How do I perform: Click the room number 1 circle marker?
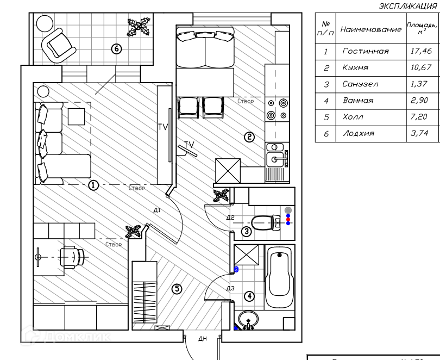[x=93, y=185]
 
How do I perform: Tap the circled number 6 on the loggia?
[x=116, y=48]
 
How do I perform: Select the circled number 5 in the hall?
[x=177, y=289]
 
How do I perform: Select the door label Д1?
[x=156, y=210]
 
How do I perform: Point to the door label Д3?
[x=230, y=288]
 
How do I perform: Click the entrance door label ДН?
[x=202, y=339]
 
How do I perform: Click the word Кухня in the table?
[x=356, y=68]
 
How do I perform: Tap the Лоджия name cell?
[x=359, y=133]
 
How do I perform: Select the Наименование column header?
[x=371, y=29]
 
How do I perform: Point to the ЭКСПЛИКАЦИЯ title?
[x=407, y=7]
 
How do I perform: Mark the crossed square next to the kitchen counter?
[x=228, y=171]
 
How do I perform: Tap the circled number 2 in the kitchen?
[x=249, y=137]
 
